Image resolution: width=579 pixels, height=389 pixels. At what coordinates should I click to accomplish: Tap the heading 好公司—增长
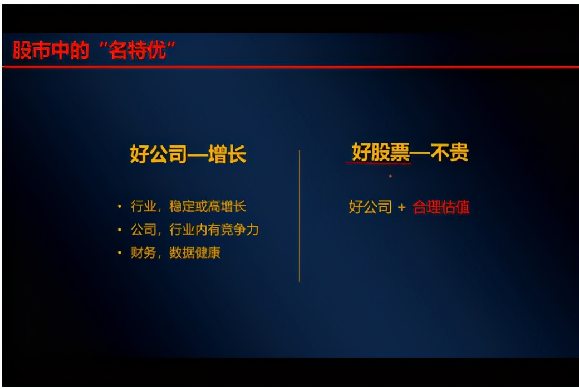(188, 154)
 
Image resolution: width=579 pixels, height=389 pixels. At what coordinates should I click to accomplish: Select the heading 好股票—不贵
(410, 153)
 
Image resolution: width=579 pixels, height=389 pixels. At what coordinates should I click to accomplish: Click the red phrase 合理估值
(441, 207)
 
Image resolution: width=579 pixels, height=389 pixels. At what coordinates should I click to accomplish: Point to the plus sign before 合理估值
(402, 208)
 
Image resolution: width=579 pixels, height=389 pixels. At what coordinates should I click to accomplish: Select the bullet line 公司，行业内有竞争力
(195, 230)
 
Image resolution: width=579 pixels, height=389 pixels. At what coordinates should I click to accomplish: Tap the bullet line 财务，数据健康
(175, 252)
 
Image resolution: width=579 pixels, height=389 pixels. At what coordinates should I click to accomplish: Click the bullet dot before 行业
(119, 207)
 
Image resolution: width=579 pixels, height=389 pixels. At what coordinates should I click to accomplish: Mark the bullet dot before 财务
(119, 253)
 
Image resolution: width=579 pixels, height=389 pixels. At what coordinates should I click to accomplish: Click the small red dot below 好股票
(390, 176)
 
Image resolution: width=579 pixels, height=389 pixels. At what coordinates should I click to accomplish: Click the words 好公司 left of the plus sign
(370, 207)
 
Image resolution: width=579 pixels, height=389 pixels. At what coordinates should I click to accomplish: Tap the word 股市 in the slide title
(26, 51)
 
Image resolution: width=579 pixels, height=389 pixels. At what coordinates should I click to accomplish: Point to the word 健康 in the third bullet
(208, 252)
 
